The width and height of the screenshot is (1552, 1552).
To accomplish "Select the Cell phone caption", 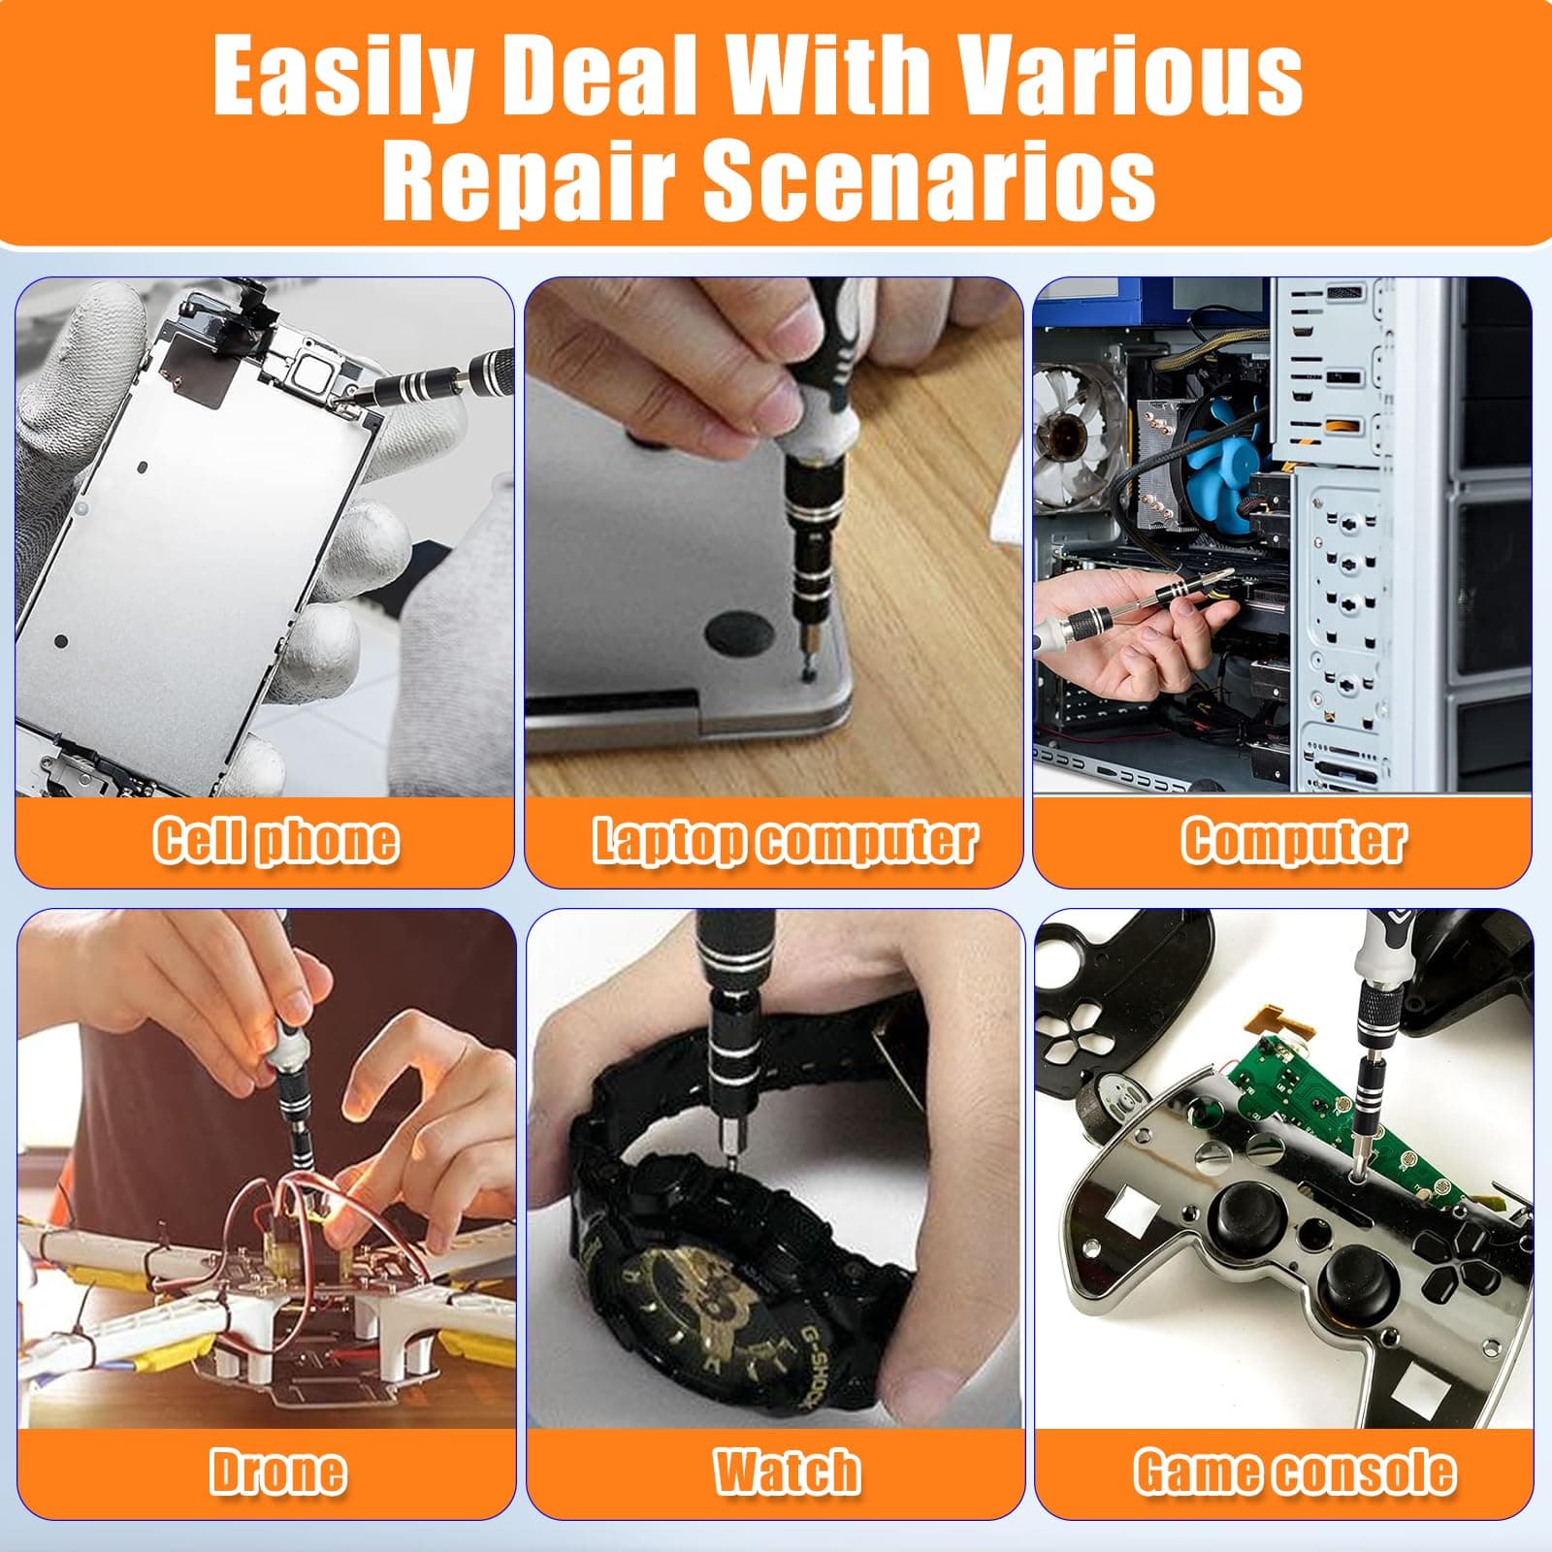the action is tap(275, 840).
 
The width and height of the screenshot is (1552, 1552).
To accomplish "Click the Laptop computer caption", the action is tap(784, 840).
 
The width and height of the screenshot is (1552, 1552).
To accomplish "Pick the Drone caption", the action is tap(277, 1471).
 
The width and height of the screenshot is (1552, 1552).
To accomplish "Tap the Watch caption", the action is tap(787, 1471).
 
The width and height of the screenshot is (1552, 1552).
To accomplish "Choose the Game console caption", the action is tap(1295, 1471).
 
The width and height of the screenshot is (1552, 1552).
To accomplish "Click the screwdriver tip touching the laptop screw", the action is tap(807, 650).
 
